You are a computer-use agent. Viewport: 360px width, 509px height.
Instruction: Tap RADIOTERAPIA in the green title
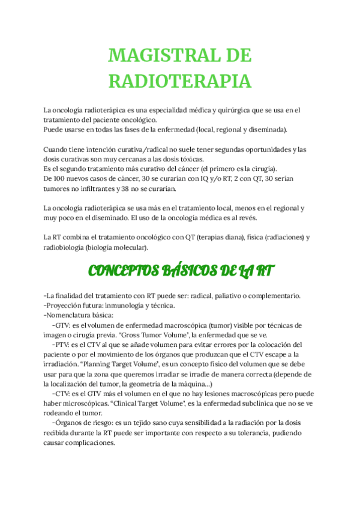coord(179,80)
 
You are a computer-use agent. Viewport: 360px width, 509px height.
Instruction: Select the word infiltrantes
coord(90,188)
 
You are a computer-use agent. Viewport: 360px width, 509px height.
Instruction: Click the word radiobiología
coord(64,247)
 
